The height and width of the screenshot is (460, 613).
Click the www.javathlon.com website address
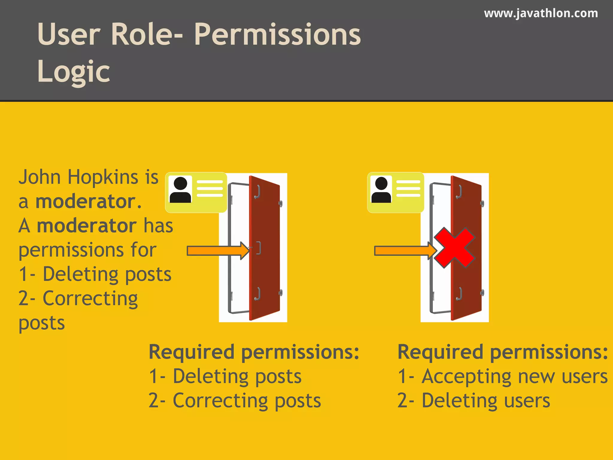tap(541, 13)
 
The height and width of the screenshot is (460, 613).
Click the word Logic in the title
tap(74, 71)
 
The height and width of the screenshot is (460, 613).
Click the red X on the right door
tap(454, 248)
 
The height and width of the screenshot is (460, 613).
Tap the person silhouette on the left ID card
tap(180, 190)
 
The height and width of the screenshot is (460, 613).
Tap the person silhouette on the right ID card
tap(381, 190)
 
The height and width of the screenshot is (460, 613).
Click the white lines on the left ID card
tap(210, 189)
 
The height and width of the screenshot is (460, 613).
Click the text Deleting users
tap(485, 400)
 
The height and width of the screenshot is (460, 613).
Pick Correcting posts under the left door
tap(247, 400)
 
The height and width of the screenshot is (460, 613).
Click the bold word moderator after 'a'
tap(86, 201)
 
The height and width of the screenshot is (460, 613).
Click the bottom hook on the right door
tap(459, 294)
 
